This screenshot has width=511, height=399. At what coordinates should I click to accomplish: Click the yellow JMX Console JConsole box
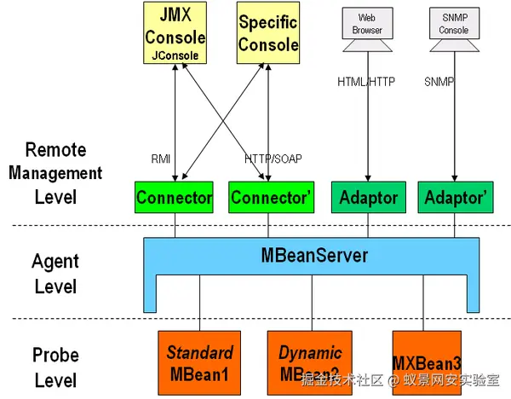coord(175,33)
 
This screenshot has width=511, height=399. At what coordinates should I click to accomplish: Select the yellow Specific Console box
coord(268,33)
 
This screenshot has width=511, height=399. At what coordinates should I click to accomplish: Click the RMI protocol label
coord(161,158)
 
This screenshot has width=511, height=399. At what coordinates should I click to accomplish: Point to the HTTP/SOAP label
coord(273,158)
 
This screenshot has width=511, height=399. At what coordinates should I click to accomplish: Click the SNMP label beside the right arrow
coord(439,82)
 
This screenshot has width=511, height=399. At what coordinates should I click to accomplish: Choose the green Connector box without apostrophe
coord(175,198)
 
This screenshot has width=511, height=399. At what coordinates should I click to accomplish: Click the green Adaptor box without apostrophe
coord(368,198)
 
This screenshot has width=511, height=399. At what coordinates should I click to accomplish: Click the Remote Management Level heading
coord(55,174)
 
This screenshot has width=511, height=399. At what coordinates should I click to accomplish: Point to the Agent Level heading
coord(55,272)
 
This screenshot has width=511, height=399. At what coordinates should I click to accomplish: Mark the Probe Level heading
coord(55,367)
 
